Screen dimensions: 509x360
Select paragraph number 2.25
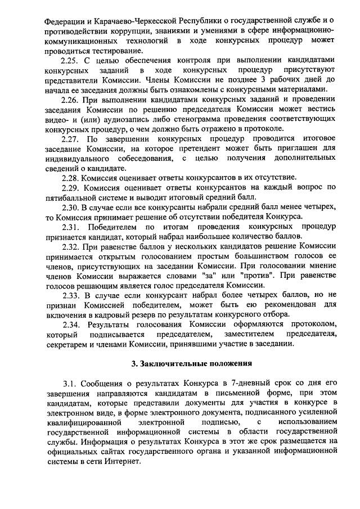click(x=71, y=60)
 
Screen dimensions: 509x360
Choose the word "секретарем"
click(x=67, y=344)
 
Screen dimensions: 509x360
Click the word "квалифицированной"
click(x=84, y=422)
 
